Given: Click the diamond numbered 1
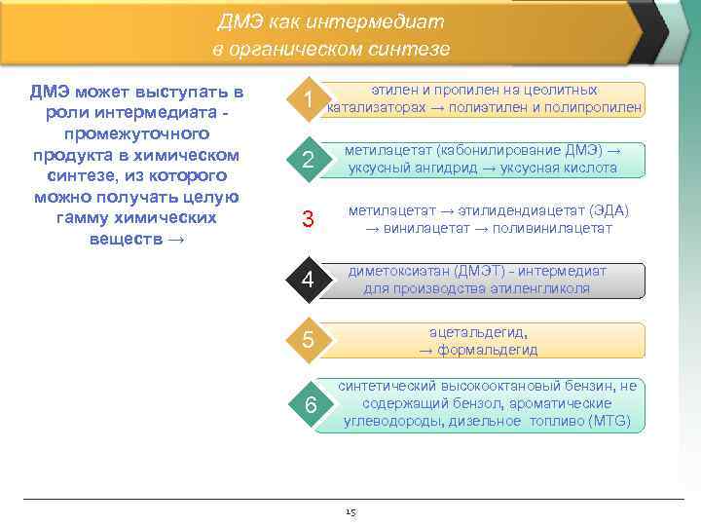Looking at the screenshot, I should point(308,100).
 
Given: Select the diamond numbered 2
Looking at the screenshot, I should point(308,161).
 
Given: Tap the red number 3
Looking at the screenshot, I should point(308,220).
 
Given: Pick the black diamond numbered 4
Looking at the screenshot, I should point(308,281).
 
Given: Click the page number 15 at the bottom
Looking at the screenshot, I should point(350,511).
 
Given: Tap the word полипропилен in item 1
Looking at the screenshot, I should point(594,107).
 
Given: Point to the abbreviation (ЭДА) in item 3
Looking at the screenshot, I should point(609,211).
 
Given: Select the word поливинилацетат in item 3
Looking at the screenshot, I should point(554,228).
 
